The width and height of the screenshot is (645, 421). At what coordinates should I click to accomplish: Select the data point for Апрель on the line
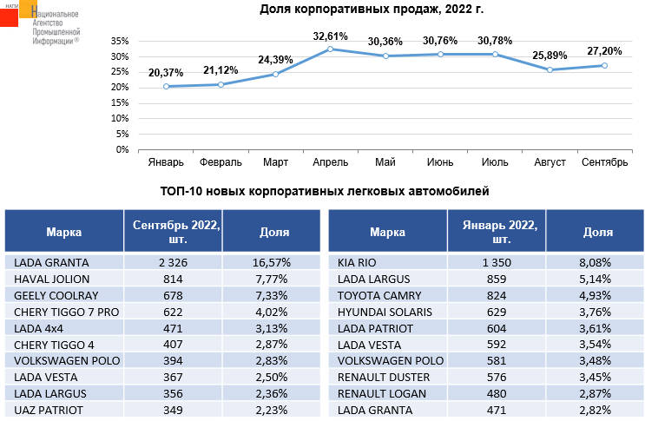pyautogui.click(x=331, y=49)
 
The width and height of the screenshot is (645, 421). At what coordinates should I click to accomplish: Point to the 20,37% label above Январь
pyautogui.click(x=166, y=73)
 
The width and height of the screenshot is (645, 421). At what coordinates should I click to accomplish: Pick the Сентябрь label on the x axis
pyautogui.click(x=605, y=162)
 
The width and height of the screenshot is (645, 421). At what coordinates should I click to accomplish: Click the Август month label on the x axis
pyautogui.click(x=550, y=162)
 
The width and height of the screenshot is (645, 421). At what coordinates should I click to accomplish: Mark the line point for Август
pyautogui.click(x=550, y=69)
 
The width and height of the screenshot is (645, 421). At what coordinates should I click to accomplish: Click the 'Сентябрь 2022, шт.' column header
pyautogui.click(x=173, y=232)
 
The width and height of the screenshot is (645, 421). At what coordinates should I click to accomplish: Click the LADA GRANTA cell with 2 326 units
pyautogui.click(x=173, y=261)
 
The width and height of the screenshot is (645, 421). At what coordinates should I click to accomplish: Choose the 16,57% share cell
pyautogui.click(x=273, y=261)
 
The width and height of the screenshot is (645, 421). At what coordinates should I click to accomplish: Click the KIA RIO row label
pyautogui.click(x=358, y=261)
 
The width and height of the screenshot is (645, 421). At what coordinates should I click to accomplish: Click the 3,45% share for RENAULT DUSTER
pyautogui.click(x=596, y=377)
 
